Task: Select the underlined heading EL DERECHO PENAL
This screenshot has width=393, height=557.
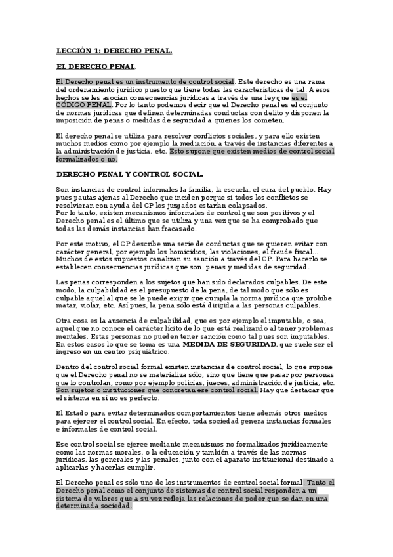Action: click(96, 66)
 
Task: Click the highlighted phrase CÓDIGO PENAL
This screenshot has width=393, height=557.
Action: click(84, 104)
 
